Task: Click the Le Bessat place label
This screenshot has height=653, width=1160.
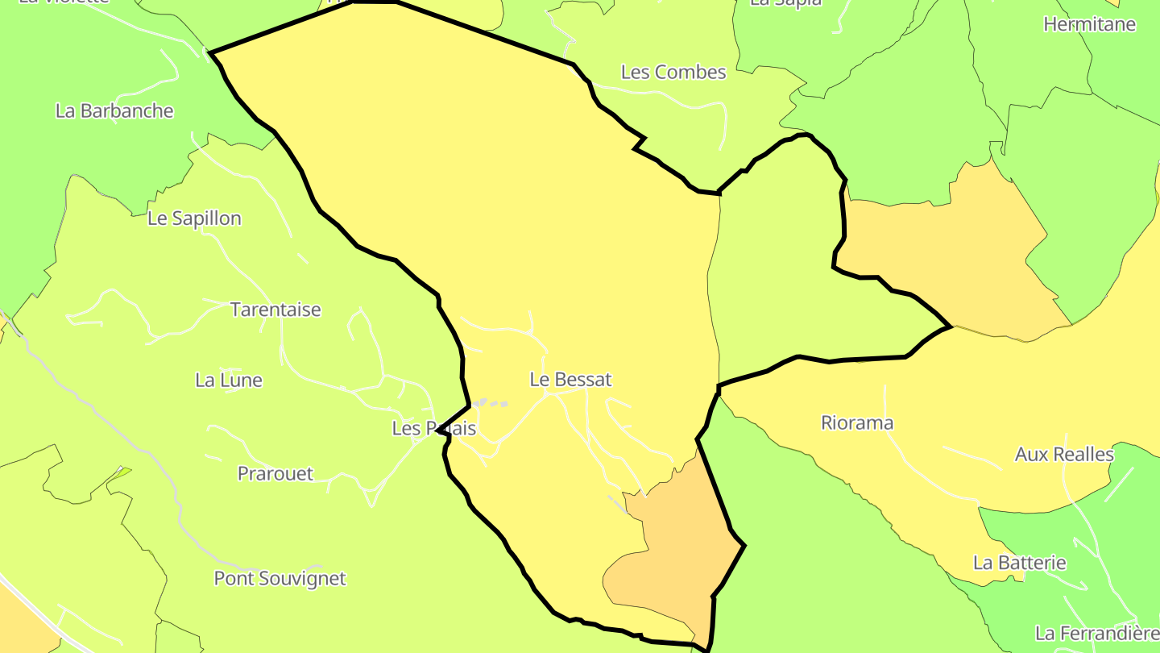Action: pos(570,379)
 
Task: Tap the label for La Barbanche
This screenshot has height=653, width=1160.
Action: pos(114,110)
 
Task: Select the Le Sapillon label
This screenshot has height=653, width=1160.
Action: pos(194,218)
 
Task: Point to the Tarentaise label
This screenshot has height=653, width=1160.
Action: pos(275,310)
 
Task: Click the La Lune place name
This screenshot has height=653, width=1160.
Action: pos(229,380)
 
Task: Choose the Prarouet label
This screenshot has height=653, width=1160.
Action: pos(275,473)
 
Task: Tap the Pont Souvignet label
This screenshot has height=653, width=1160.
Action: pos(280,578)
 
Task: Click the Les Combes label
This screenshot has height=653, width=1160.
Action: pos(673,72)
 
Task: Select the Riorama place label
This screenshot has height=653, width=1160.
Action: pos(857,422)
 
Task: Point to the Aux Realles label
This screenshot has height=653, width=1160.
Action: pos(1064,455)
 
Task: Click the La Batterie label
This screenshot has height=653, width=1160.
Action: pos(1020,563)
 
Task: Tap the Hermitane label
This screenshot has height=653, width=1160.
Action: pos(1089,24)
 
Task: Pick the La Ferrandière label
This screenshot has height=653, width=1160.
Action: pos(1097,633)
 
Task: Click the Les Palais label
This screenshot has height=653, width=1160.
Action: pos(434,428)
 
